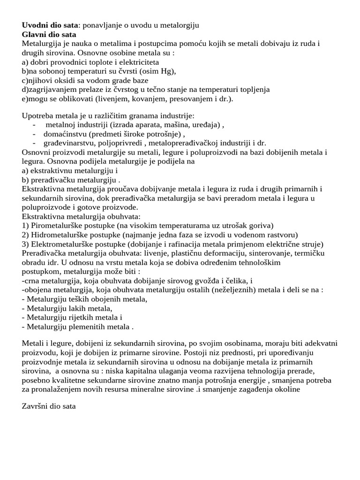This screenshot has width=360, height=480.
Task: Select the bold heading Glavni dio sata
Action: pos(49,34)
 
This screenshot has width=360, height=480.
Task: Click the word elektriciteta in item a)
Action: pos(137,62)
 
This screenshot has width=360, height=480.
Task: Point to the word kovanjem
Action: pos(134,98)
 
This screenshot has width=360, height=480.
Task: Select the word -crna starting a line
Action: pos(31,280)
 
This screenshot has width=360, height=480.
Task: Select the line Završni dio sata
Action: pos(49,406)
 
